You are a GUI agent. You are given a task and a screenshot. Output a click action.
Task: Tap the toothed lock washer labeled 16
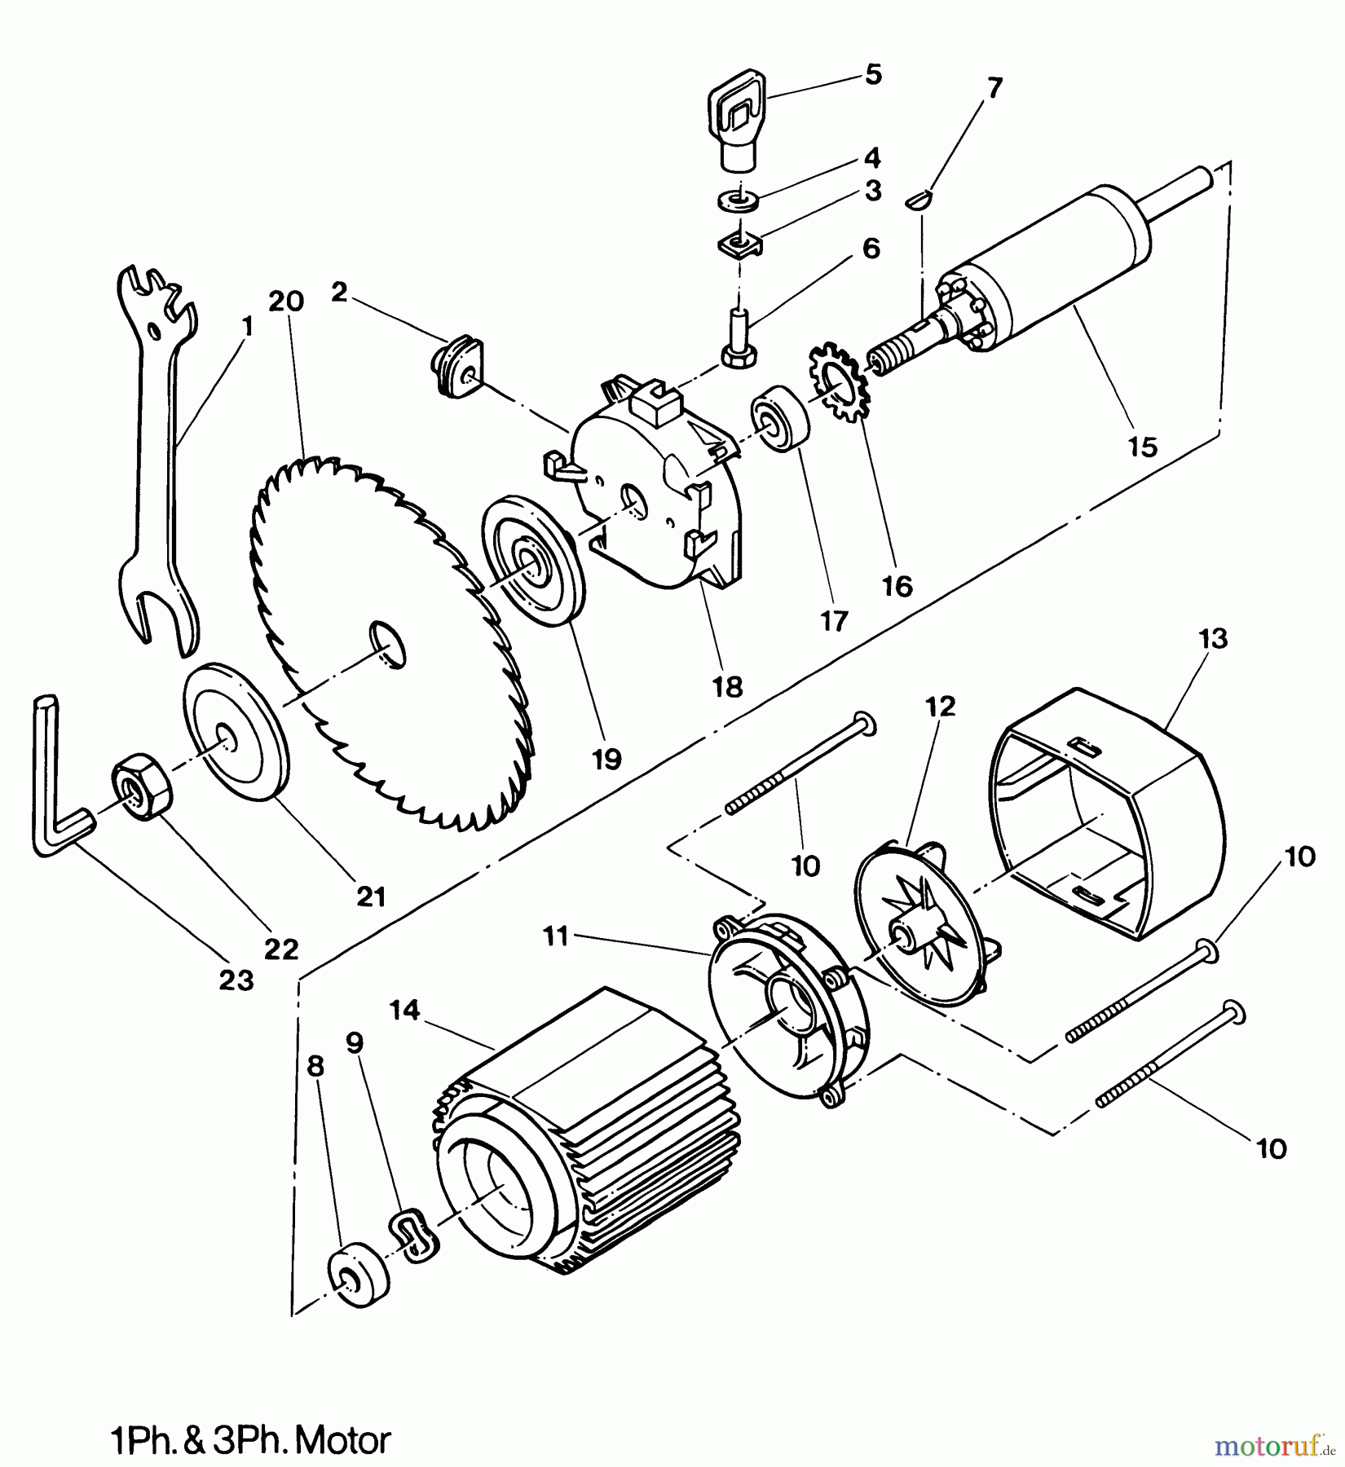pos(840,383)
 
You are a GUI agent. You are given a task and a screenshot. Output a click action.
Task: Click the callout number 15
pos(1143,447)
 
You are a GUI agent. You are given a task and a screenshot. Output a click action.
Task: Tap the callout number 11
pos(556,938)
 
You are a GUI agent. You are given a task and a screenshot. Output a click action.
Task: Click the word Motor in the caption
pos(342,1441)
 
